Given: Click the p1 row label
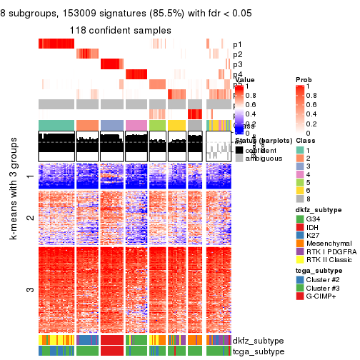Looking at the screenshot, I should tap(237, 44).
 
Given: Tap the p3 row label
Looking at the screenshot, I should tap(237, 64).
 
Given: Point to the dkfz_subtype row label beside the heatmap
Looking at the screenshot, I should tap(254, 341).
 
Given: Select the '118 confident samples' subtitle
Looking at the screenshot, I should tap(120, 30).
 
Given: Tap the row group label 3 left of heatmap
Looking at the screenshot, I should tap(29, 289).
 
